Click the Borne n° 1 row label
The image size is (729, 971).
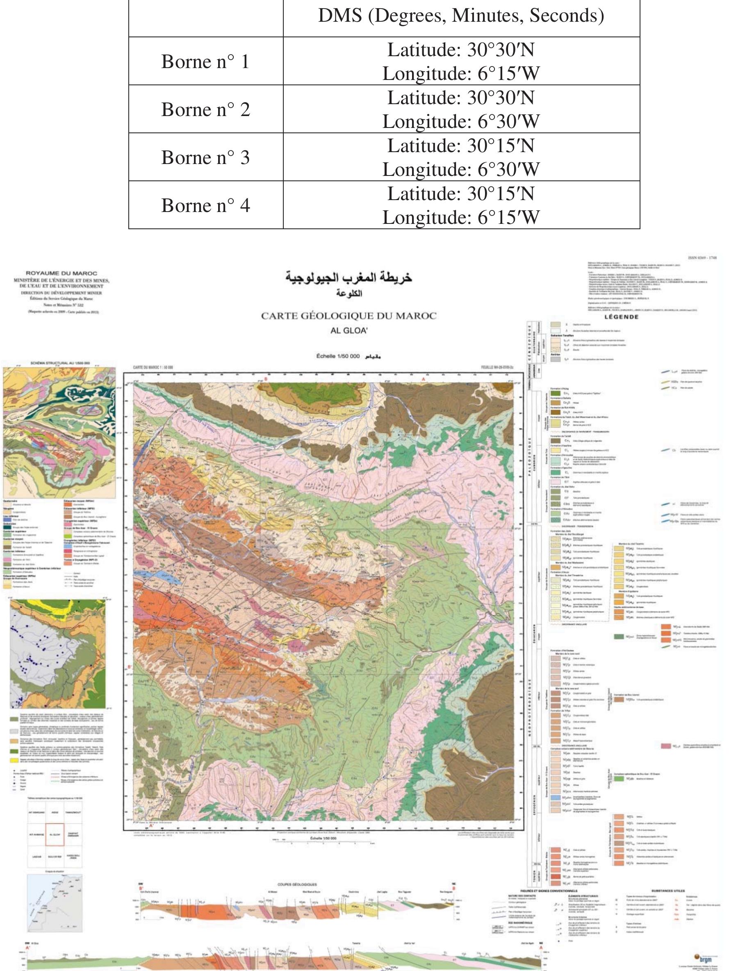pyautogui.click(x=205, y=62)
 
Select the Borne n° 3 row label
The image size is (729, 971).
pyautogui.click(x=205, y=157)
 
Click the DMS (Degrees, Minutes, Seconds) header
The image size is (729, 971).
pyautogui.click(x=461, y=16)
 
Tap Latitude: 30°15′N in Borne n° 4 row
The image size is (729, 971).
pyautogui.click(x=461, y=194)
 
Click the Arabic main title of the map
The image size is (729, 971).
pyautogui.click(x=349, y=278)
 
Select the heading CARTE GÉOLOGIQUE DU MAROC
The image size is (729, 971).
pyautogui.click(x=349, y=316)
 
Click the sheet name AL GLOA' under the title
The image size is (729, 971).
pyautogui.click(x=349, y=331)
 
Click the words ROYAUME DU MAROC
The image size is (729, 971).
pyautogui.click(x=62, y=273)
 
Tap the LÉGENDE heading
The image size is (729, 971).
pyautogui.click(x=621, y=317)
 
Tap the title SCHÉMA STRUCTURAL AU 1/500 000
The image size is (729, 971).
pyautogui.click(x=60, y=363)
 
